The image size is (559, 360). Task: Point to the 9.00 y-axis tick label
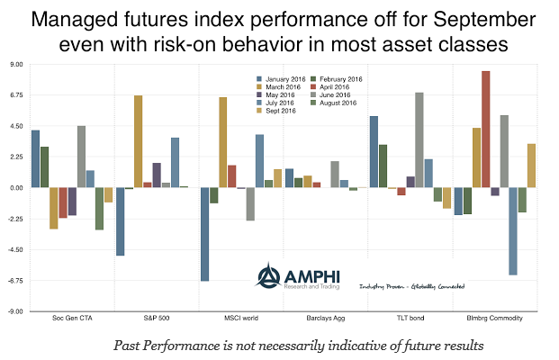[x=16, y=65]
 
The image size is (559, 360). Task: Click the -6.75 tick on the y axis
[x=15, y=281]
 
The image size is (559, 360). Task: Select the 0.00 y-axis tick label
[x=16, y=188]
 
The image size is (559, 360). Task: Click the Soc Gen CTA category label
[x=74, y=319]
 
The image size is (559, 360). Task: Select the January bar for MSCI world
[x=204, y=234]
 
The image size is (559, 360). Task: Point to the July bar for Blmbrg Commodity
[x=513, y=231]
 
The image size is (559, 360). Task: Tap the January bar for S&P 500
[x=120, y=221]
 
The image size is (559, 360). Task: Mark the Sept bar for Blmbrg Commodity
[x=532, y=166]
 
